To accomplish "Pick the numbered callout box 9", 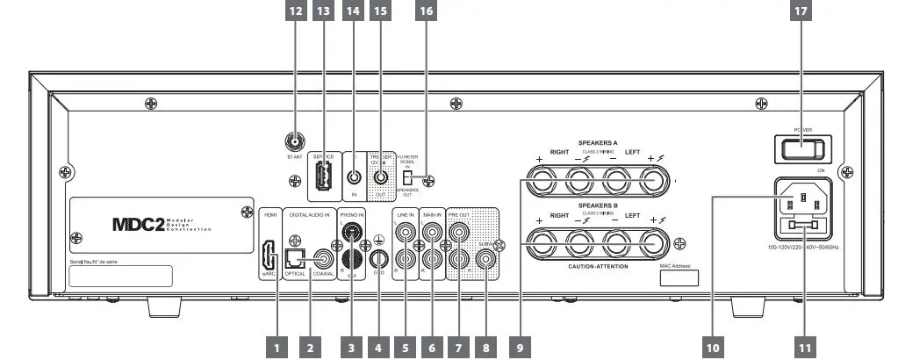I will (520, 348).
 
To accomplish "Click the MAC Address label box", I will (679, 278).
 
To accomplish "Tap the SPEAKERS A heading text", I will (598, 142).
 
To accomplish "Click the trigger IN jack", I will (355, 175).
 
